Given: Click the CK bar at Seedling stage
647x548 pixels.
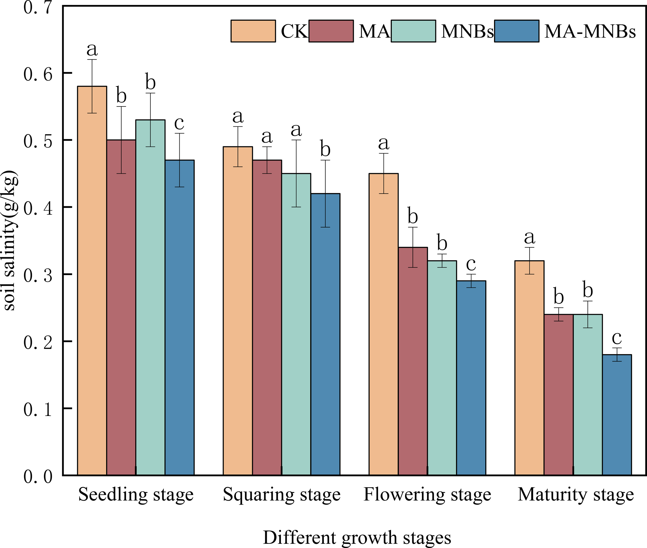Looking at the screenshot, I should coord(92,280).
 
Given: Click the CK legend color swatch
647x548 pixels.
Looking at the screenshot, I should coord(253,31).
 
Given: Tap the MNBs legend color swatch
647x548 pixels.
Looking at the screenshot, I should coord(413,31).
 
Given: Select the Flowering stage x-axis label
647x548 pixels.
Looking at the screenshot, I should coord(427,495).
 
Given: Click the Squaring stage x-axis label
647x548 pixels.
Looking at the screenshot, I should coord(282,495).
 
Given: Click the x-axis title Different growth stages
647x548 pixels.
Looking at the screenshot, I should coord(357,538).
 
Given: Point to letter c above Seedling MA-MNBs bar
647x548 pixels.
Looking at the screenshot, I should coord(180,123).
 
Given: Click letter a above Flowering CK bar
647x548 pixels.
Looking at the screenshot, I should coord(384,143).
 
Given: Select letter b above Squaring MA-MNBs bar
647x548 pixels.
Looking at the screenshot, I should coord(325,150).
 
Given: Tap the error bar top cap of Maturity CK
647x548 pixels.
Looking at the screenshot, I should coord(530,248).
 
